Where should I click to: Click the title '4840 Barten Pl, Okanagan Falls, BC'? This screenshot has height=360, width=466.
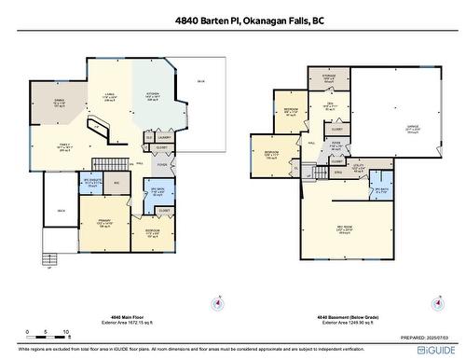(x=233, y=20)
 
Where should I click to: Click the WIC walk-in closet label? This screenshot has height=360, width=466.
(x=117, y=183)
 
